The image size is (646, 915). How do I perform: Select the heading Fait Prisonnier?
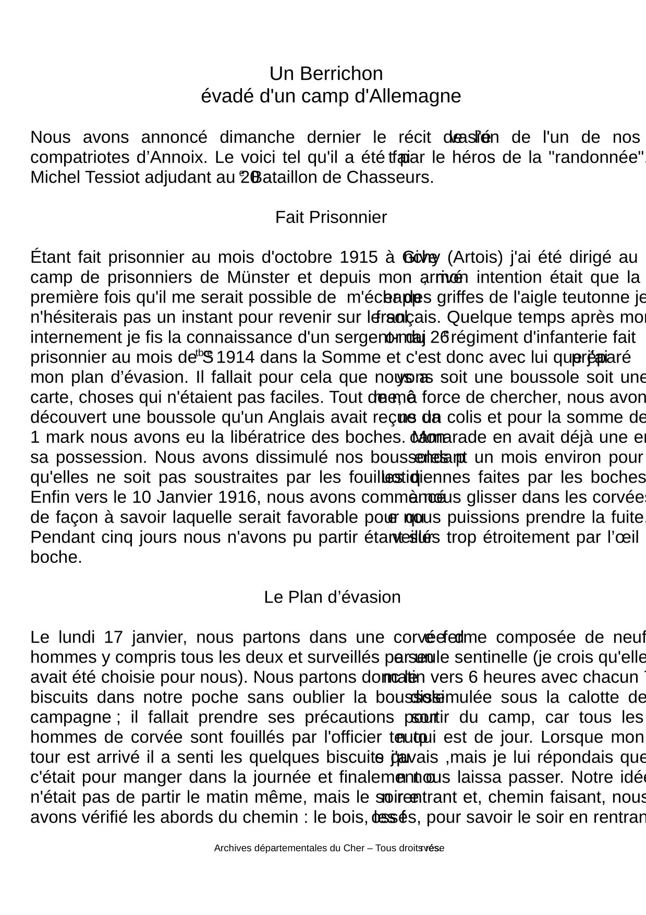331,217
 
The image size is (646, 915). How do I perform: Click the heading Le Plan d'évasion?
332,597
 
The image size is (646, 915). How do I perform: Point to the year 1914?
235,357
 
